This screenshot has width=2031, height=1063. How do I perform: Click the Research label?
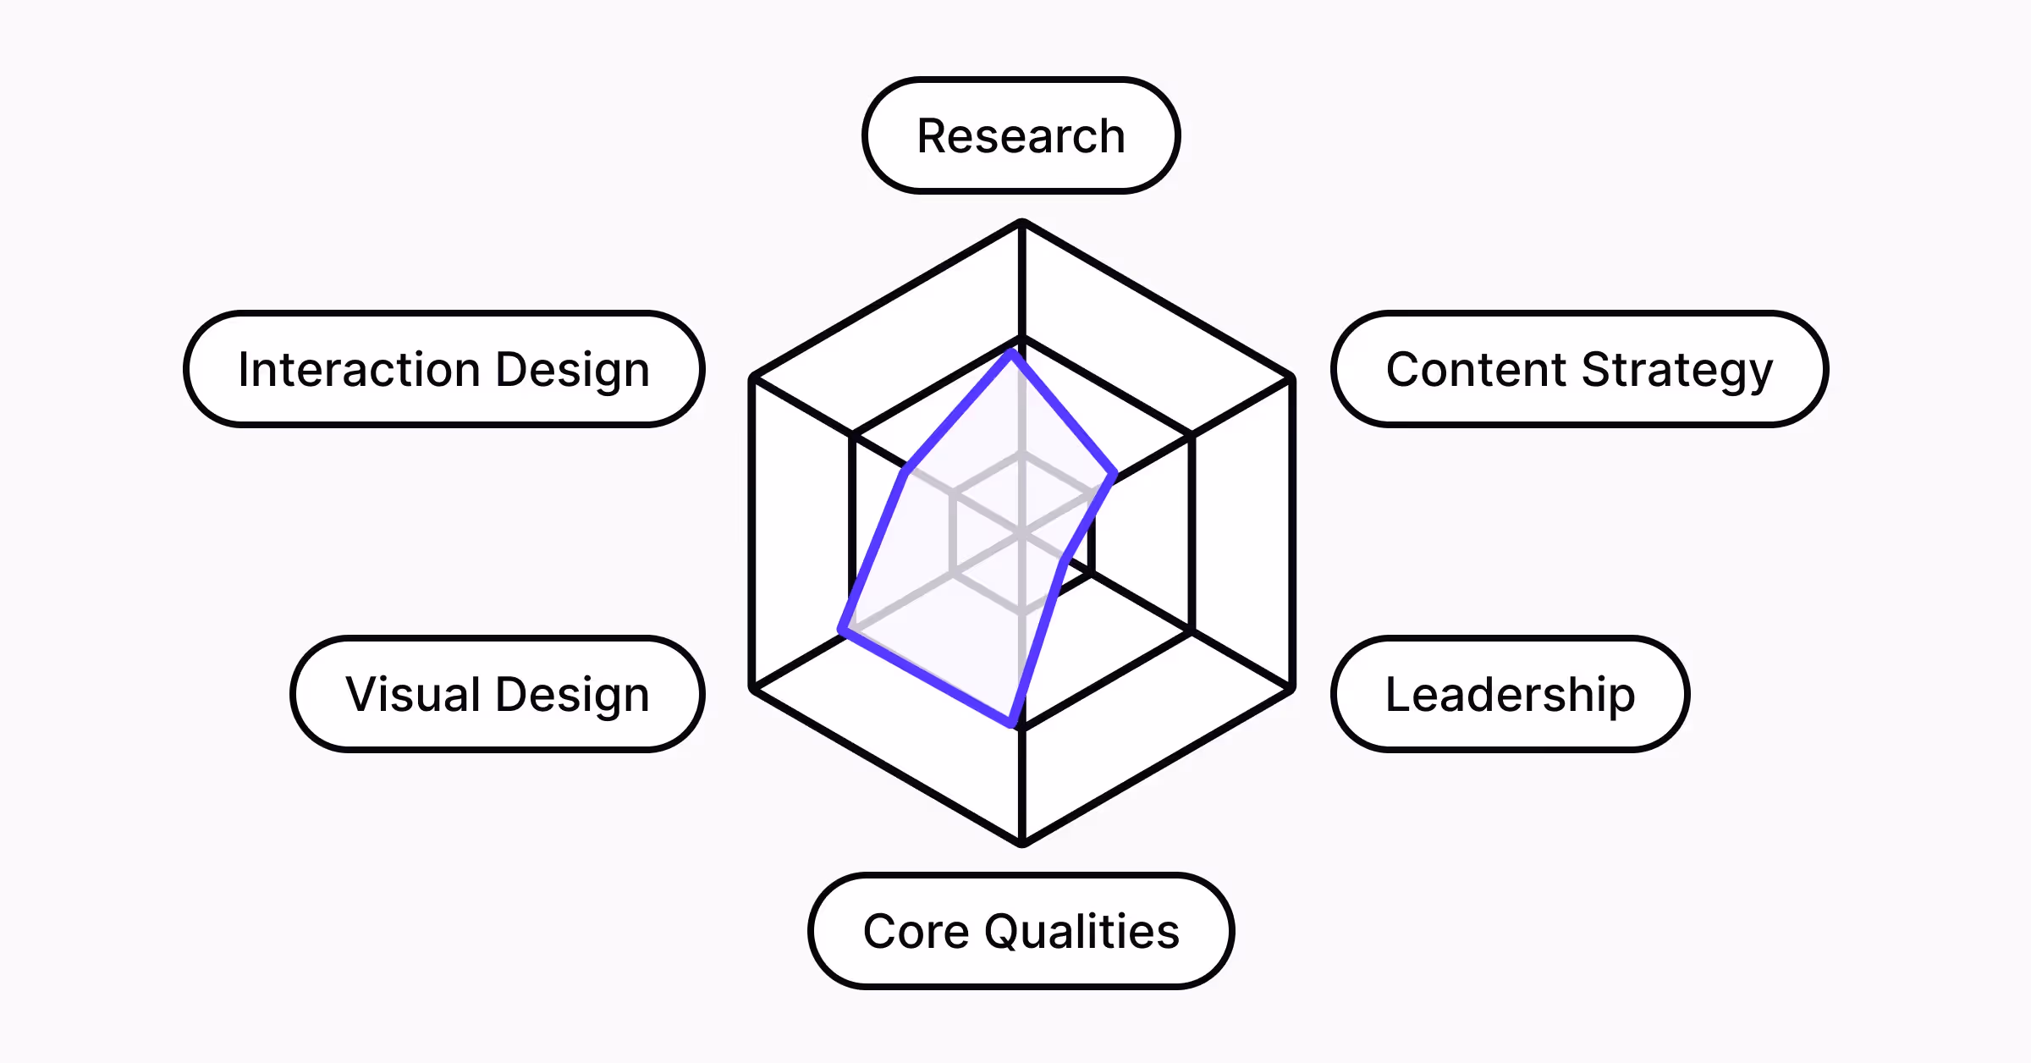click(1021, 136)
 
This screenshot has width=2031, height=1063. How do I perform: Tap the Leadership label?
click(1510, 694)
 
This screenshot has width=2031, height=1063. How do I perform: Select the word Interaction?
click(360, 370)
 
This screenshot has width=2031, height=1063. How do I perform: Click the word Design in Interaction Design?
click(573, 370)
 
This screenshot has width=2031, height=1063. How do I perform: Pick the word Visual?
click(413, 694)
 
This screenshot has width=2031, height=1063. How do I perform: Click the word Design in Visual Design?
click(573, 694)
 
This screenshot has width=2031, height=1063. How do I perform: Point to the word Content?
click(1476, 370)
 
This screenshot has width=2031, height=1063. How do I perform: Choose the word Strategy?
click(1676, 370)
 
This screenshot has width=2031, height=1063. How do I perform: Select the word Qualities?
click(1082, 931)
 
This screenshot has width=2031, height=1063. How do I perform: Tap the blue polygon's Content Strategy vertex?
click(1114, 475)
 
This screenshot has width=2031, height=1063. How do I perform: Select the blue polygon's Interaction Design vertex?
click(906, 471)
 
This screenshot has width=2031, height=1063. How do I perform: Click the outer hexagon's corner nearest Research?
click(1022, 223)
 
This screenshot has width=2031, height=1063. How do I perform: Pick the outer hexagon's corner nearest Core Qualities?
click(1022, 842)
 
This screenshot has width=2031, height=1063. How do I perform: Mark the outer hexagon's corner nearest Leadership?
click(1291, 689)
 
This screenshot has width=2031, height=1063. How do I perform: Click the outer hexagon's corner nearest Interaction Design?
click(753, 379)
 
